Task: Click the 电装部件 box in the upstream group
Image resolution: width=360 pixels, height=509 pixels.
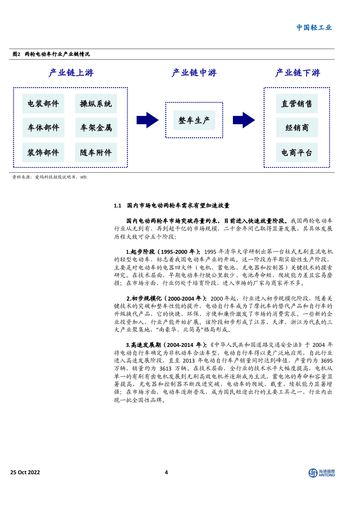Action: (x=43, y=104)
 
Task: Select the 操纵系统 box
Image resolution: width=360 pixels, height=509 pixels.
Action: (x=96, y=104)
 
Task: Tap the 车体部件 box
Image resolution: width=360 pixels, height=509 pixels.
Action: (x=43, y=128)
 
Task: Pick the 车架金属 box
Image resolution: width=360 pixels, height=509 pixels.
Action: (x=96, y=128)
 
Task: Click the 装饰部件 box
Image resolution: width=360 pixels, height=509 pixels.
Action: (x=43, y=152)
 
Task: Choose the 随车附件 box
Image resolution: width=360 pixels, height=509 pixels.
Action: (x=96, y=152)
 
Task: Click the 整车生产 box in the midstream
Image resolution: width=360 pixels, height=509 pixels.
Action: (x=194, y=120)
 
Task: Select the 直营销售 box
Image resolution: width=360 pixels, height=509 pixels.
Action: (x=297, y=104)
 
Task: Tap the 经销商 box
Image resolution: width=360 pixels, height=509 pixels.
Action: (x=297, y=128)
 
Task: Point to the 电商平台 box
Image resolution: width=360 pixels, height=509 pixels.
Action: (x=297, y=152)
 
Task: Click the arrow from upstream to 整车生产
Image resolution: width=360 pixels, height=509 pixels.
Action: (x=147, y=120)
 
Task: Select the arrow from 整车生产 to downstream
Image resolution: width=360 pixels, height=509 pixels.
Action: (x=244, y=120)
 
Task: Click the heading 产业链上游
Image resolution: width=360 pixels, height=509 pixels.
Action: (x=71, y=73)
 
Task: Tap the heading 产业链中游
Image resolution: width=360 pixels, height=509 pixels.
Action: (x=194, y=73)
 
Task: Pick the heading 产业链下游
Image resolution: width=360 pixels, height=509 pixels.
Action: (x=297, y=73)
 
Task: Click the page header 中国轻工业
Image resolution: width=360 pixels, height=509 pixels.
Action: (x=314, y=28)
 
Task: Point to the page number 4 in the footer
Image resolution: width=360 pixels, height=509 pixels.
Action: (x=166, y=472)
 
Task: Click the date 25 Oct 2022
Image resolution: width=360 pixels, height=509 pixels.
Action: (x=25, y=472)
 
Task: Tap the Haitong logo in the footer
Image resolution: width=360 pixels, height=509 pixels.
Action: (x=322, y=473)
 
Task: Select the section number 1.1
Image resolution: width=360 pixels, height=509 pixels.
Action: (x=117, y=206)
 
